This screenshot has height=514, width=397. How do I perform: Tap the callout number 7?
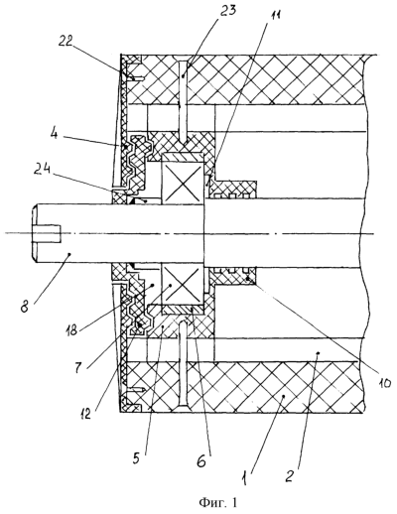(78, 366)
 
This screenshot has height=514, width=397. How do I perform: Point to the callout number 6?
(201, 459)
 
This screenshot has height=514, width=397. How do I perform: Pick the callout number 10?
(382, 383)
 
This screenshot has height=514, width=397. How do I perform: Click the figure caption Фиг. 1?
(217, 503)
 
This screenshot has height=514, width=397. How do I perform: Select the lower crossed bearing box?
(183, 285)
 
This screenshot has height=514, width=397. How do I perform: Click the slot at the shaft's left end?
(47, 233)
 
